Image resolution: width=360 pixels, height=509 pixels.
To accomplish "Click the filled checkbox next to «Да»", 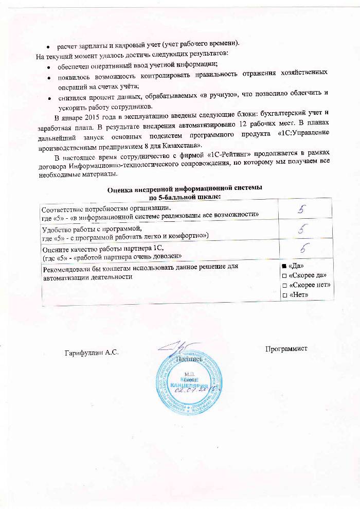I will tap(284, 266).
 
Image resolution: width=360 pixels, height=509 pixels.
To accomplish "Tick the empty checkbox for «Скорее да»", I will tap(284, 276).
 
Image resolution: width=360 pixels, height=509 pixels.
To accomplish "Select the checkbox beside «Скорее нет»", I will tap(284, 285).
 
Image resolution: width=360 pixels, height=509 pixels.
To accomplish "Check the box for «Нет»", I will tap(284, 295).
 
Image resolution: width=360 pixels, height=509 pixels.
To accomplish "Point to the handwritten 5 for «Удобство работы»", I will tap(304, 229).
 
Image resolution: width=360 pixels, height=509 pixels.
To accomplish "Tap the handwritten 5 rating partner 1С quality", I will tap(304, 248).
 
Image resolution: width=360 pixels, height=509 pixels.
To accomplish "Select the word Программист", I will tap(286, 349).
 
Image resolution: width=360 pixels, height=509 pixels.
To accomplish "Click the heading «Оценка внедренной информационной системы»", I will tap(184, 189).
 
